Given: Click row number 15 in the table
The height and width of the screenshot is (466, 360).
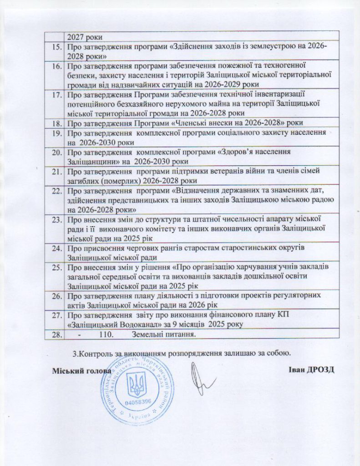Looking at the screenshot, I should point(57,47).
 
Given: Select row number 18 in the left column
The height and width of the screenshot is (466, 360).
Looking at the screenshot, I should point(57,123).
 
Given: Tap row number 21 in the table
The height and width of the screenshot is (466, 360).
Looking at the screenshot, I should point(57,171).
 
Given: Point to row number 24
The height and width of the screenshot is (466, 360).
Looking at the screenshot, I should point(57,248).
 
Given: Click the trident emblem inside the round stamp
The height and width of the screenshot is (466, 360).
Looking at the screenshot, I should point(137,384).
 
